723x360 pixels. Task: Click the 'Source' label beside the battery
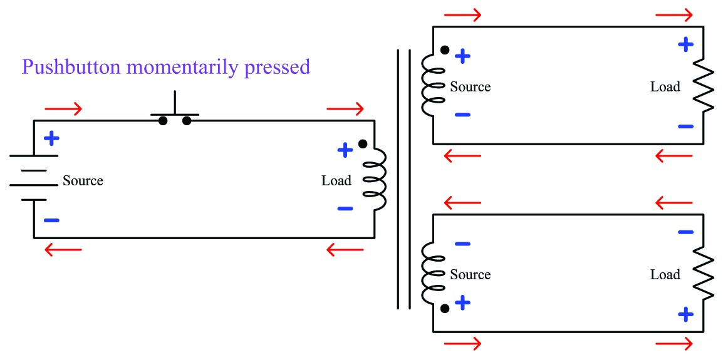tap(83, 181)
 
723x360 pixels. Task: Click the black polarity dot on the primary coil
tap(362, 144)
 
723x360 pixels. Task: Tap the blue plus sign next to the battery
tap(51, 138)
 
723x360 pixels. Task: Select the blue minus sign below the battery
tap(51, 220)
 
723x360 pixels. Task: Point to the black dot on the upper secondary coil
tap(445, 50)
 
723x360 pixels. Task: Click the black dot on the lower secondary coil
tap(445, 309)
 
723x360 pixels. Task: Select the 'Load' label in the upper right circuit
tap(665, 87)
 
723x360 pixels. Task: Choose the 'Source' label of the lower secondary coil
tap(470, 275)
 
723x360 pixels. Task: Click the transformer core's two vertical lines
tap(403, 180)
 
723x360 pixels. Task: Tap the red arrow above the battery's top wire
tap(63, 109)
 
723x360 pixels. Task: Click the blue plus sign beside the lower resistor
tap(686, 314)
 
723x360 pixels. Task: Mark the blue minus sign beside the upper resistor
tap(686, 126)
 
